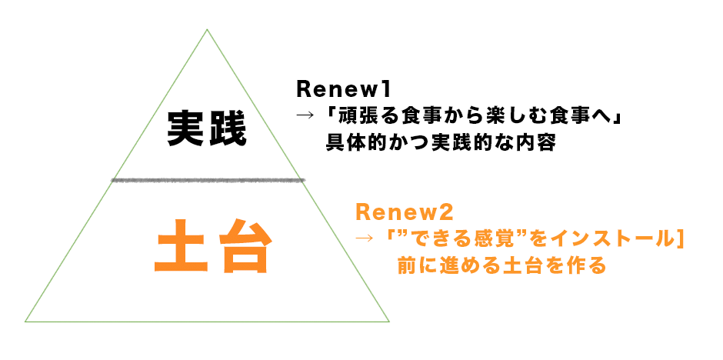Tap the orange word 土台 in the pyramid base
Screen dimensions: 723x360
point(212,247)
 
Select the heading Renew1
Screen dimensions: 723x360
point(344,89)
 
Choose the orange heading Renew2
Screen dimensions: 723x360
point(405,213)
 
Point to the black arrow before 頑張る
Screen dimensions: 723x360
point(305,116)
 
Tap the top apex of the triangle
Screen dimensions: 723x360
point(207,29)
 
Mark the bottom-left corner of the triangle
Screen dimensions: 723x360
point(25,322)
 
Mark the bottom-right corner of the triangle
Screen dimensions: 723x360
point(389,322)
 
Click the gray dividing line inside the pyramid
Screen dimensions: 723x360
point(208,180)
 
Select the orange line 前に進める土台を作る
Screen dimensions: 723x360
point(501,265)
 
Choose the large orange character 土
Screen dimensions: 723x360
point(180,247)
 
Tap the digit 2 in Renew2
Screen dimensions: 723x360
point(448,213)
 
